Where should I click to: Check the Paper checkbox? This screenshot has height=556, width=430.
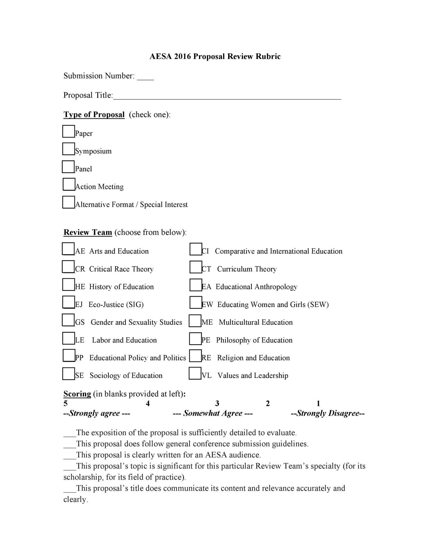click(69, 131)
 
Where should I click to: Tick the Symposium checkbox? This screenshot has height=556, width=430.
click(69, 149)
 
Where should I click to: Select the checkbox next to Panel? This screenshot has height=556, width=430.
click(68, 167)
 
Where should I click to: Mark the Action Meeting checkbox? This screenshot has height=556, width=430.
click(69, 184)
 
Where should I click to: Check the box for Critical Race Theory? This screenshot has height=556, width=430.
click(68, 267)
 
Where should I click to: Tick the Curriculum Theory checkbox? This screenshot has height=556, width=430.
click(196, 267)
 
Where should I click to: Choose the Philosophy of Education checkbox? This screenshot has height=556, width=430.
click(196, 339)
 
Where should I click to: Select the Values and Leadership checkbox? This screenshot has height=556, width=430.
click(195, 374)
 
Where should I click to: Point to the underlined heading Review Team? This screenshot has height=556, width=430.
click(88, 232)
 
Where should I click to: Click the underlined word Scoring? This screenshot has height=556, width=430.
click(77, 394)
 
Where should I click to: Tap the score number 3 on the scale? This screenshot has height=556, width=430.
click(217, 404)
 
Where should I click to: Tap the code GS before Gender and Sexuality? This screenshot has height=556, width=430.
click(80, 323)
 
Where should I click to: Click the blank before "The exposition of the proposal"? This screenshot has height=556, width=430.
click(70, 433)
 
